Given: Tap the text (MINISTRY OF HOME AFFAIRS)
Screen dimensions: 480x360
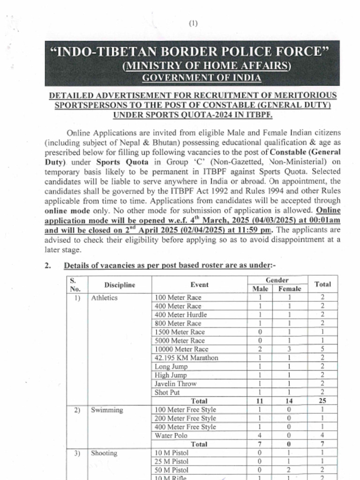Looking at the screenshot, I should (206, 66).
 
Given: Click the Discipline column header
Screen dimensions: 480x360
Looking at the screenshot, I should (120, 285).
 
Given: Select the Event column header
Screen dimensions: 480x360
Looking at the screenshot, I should (200, 285).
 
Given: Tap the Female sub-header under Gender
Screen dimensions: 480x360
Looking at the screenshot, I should (290, 289).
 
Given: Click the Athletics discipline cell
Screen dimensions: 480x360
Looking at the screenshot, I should (104, 298).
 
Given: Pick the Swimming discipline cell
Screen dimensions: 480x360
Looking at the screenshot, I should (107, 410).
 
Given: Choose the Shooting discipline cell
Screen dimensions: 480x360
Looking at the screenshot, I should (104, 453).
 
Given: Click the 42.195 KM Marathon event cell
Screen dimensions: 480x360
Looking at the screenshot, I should (186, 358).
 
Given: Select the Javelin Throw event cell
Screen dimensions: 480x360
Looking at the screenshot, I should (175, 383).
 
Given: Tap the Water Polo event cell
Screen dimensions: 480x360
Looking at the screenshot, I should (171, 435).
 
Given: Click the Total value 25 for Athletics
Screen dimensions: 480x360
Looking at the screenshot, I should (322, 401).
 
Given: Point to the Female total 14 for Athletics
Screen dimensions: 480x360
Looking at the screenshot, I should (289, 401).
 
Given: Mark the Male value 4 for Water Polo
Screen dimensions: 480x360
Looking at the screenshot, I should (260, 435).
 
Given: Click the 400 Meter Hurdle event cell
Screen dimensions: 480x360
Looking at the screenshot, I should (180, 315).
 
